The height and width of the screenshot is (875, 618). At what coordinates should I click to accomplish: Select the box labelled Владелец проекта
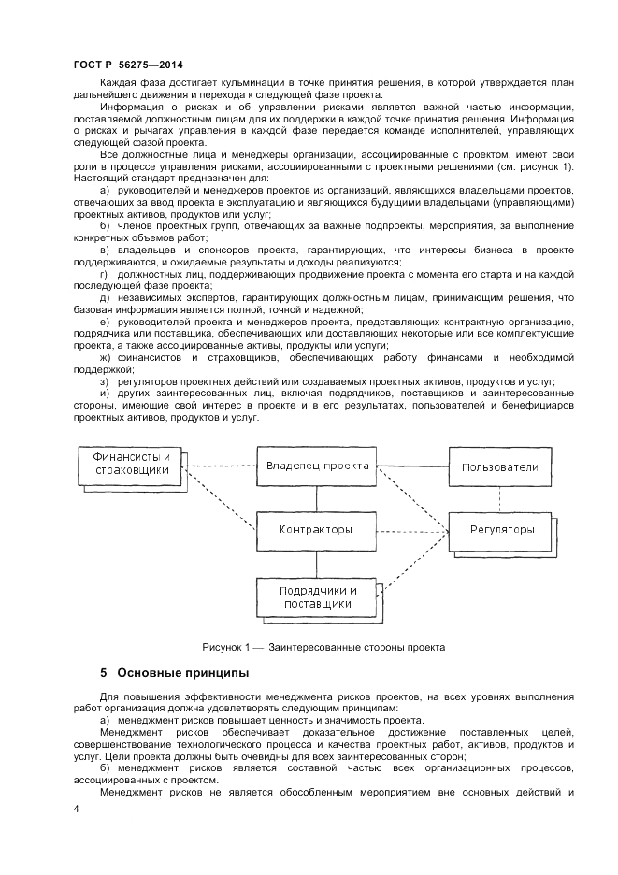point(317,466)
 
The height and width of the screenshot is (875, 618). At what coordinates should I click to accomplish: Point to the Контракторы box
point(316,530)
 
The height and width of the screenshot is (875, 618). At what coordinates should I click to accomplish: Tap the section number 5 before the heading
point(104,673)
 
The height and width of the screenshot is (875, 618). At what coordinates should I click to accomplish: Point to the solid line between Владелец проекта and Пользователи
point(413,466)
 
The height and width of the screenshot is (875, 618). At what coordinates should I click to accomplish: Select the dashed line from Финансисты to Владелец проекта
point(221,466)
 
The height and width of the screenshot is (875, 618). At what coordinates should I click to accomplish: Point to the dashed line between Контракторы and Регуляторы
point(413,530)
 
